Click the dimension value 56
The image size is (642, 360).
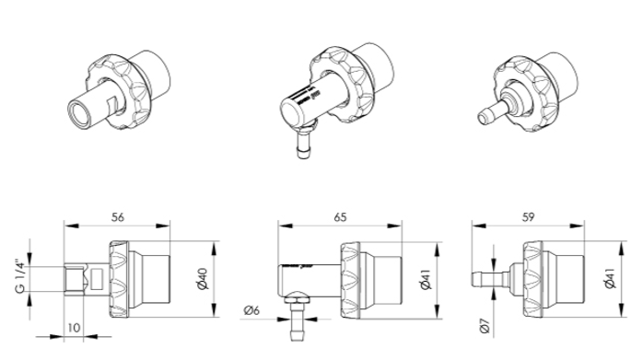118,217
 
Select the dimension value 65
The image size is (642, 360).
340,217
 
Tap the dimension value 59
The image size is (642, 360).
528,217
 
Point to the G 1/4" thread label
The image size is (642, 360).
20,275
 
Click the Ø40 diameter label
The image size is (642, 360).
203,279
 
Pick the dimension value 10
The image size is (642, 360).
74,328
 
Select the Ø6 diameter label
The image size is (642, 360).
251,310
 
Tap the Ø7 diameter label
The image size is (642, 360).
484,325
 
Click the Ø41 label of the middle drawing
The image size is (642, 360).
426,279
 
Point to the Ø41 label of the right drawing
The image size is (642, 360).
610,278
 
